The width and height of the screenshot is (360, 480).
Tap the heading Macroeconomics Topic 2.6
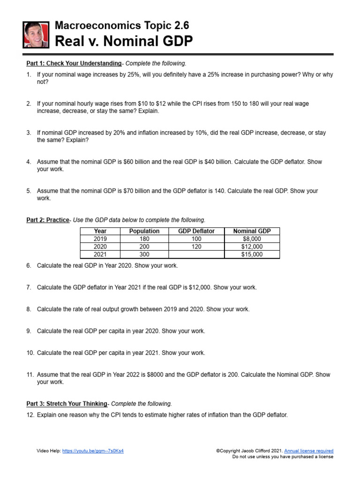pyautogui.click(x=122, y=25)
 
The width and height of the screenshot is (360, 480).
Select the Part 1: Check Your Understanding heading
pyautogui.click(x=74, y=63)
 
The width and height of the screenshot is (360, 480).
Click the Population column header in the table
pyautogui.click(x=144, y=231)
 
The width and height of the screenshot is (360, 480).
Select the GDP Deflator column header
pyautogui.click(x=197, y=231)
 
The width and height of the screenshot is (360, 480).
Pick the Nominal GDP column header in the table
pyautogui.click(x=252, y=231)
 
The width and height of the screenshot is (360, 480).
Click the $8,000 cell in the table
pyautogui.click(x=252, y=239)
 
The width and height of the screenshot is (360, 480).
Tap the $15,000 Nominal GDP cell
pyautogui.click(x=252, y=255)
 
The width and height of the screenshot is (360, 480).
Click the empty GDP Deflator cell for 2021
pyautogui.click(x=197, y=255)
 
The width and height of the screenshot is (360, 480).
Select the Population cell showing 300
pyautogui.click(x=144, y=255)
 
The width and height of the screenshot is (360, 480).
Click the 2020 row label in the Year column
pyautogui.click(x=100, y=247)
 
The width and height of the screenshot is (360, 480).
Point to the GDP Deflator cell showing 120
pyautogui.click(x=197, y=247)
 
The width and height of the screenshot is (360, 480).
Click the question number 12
pyautogui.click(x=30, y=415)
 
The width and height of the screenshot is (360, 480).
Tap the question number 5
pyautogui.click(x=29, y=191)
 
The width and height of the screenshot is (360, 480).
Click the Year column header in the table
pyautogui.click(x=100, y=231)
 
